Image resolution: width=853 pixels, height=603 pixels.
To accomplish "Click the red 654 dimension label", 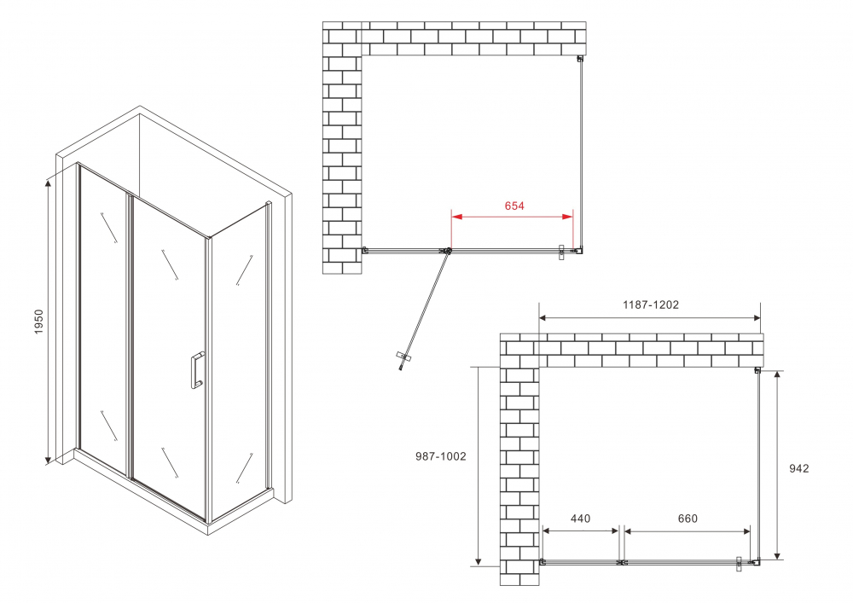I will pyautogui.click(x=514, y=206).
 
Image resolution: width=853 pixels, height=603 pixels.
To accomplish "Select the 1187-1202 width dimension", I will pyautogui.click(x=650, y=304).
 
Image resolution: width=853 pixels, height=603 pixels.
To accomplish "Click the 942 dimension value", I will pyautogui.click(x=799, y=467).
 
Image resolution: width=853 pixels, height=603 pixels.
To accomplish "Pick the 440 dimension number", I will pyautogui.click(x=580, y=519).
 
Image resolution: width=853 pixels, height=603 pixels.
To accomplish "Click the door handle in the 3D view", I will pyautogui.click(x=196, y=370).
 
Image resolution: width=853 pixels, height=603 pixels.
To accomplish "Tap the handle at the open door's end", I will pyautogui.click(x=403, y=362).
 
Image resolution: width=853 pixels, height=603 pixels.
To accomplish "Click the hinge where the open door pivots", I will pyautogui.click(x=446, y=251).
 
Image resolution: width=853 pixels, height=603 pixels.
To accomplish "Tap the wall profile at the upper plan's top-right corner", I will pyautogui.click(x=580, y=59).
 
